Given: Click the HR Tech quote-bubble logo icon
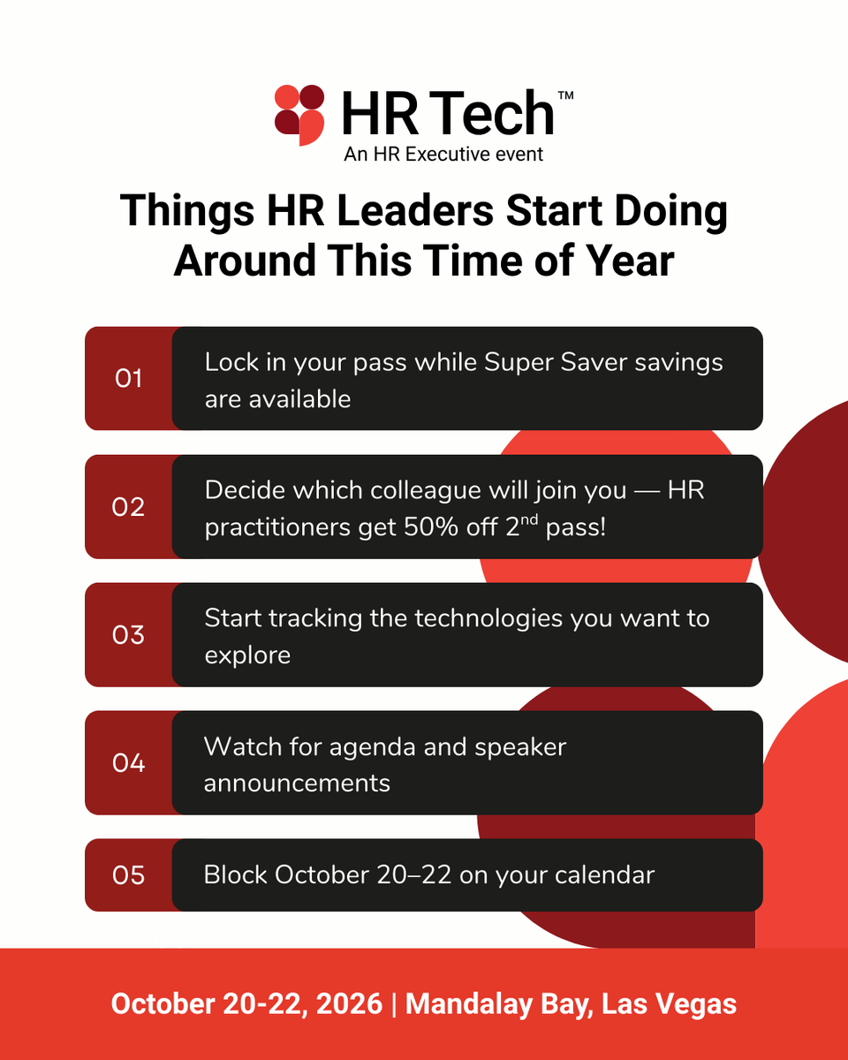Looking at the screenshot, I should (299, 114).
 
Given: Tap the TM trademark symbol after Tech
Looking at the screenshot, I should (565, 95).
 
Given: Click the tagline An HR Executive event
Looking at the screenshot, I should (443, 154).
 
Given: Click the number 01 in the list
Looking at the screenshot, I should (128, 379).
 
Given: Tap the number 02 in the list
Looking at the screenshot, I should (128, 507).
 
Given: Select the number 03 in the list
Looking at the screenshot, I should (128, 635).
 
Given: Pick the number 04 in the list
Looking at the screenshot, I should (128, 762).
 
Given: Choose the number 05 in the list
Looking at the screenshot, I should (128, 875).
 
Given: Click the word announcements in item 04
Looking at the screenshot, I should (297, 784).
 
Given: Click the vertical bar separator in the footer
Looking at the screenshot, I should (394, 1004).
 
